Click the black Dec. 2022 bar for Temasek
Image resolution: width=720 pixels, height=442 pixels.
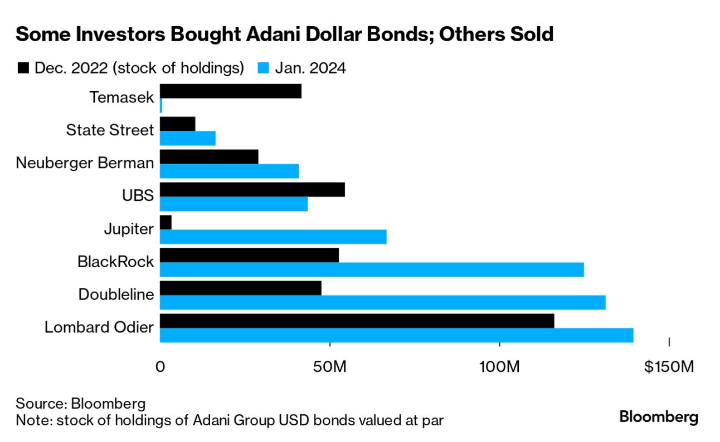pyautogui.click(x=231, y=91)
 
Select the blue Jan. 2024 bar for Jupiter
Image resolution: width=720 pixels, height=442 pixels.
pyautogui.click(x=273, y=237)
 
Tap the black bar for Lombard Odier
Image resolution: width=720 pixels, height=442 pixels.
pyautogui.click(x=357, y=321)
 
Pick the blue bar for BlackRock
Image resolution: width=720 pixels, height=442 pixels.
pyautogui.click(x=372, y=269)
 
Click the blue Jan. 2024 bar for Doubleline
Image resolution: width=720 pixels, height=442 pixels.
pyautogui.click(x=382, y=302)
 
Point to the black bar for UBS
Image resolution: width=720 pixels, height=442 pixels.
pyautogui.click(x=252, y=189)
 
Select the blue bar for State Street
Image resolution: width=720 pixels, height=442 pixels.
pyautogui.click(x=188, y=138)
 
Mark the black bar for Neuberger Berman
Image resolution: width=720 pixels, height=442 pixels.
pyautogui.click(x=209, y=156)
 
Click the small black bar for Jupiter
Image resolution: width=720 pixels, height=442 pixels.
pyautogui.click(x=166, y=222)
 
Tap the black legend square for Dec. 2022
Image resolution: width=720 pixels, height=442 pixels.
pyautogui.click(x=23, y=68)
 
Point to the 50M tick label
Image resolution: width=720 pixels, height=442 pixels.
pyautogui.click(x=330, y=367)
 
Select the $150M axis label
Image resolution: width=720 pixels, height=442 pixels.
pyautogui.click(x=668, y=367)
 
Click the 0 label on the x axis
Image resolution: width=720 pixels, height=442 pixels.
pyautogui.click(x=160, y=367)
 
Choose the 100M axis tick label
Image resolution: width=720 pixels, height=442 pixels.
pyautogui.click(x=500, y=367)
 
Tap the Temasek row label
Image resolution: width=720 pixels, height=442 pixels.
pyautogui.click(x=121, y=97)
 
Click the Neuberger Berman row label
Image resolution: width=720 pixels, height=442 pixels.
pyautogui.click(x=85, y=163)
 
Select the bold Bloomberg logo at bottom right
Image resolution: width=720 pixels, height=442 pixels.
pyautogui.click(x=659, y=417)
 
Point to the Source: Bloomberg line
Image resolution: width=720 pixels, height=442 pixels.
pyautogui.click(x=81, y=403)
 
